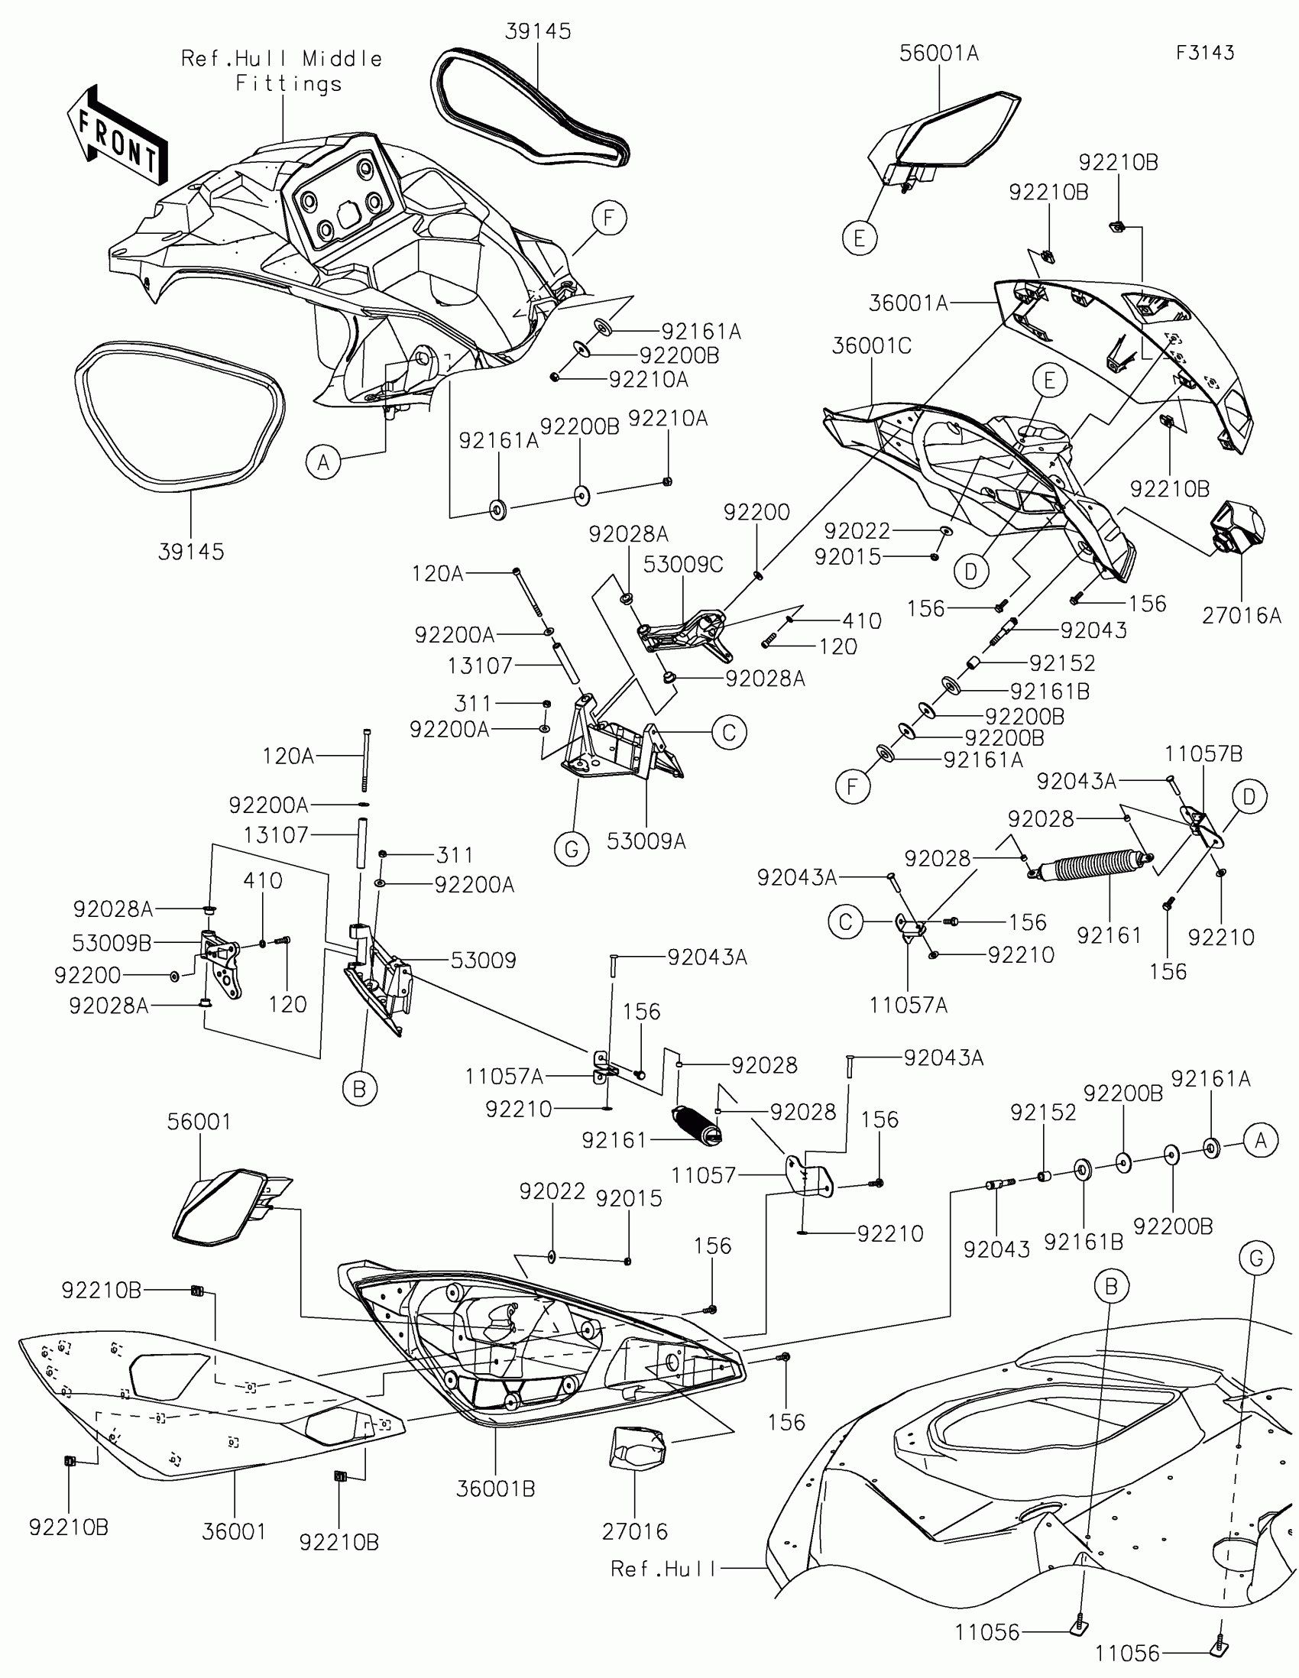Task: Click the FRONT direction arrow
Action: pyautogui.click(x=117, y=136)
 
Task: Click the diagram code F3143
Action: pyautogui.click(x=1204, y=52)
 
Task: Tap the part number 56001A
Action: pyautogui.click(x=939, y=53)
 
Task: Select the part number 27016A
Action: pyautogui.click(x=1242, y=615)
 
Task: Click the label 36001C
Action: pyautogui.click(x=871, y=345)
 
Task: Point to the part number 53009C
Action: pyautogui.click(x=683, y=565)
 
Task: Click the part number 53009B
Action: pyautogui.click(x=112, y=943)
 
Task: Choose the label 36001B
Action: pyautogui.click(x=495, y=1488)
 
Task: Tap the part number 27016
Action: pyautogui.click(x=634, y=1531)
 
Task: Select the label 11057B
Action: pyautogui.click(x=1203, y=753)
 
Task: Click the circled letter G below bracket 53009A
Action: pyautogui.click(x=572, y=849)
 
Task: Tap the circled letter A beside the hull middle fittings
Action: pyautogui.click(x=323, y=462)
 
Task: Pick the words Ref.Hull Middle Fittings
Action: pyautogui.click(x=282, y=71)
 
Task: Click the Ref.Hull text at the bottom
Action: pyautogui.click(x=663, y=1568)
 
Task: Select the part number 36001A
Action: pyautogui.click(x=908, y=303)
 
